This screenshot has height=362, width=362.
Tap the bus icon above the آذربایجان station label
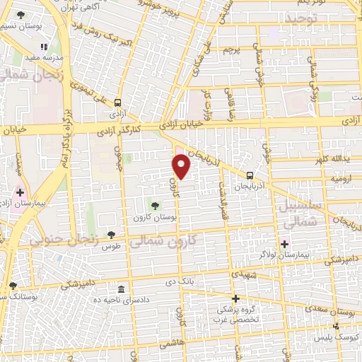point(250,175)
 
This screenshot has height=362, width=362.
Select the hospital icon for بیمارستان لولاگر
point(285,243)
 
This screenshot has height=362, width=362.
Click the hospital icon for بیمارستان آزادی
point(20,192)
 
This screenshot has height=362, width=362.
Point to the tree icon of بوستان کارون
point(156,206)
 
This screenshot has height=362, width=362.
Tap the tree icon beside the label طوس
point(111,235)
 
